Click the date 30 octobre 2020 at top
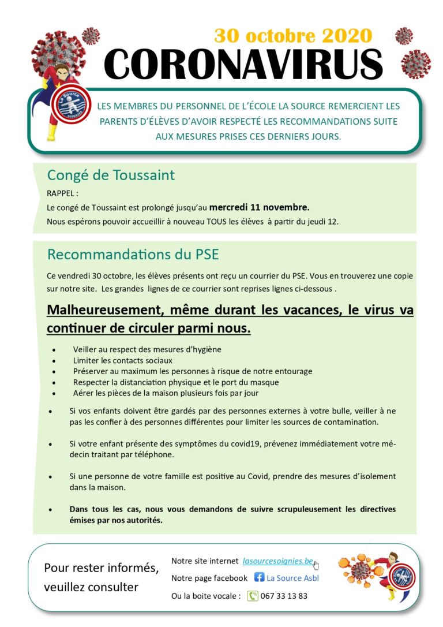(x=293, y=36)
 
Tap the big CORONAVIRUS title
(x=243, y=64)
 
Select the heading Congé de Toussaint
(x=111, y=175)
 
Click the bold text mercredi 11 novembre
(x=259, y=207)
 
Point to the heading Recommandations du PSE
(x=133, y=254)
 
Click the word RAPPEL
(x=62, y=193)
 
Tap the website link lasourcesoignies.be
(x=277, y=561)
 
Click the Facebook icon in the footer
(x=260, y=577)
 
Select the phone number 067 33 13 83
(x=284, y=596)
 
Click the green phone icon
(x=253, y=596)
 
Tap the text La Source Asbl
(x=292, y=577)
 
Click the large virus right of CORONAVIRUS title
(x=415, y=63)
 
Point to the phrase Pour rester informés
(x=102, y=568)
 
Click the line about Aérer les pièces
(x=166, y=393)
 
